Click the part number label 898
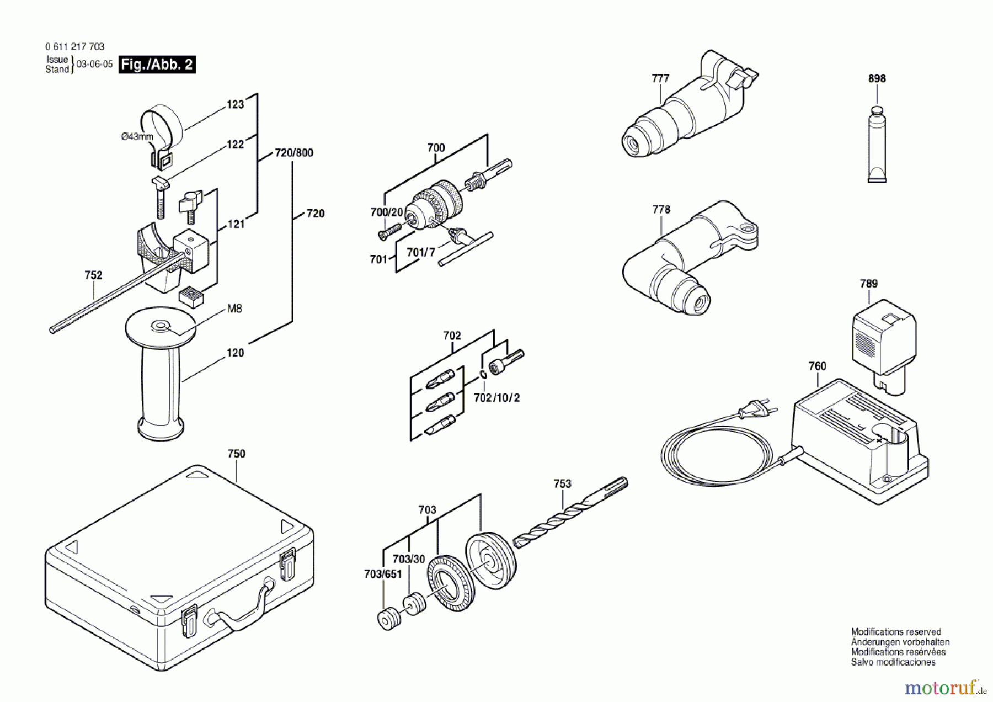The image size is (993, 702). pos(877,78)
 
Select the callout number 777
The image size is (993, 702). pos(660,78)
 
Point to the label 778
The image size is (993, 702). pos(661,210)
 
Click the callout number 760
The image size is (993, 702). pos(817,366)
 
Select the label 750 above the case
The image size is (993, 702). pos(236,454)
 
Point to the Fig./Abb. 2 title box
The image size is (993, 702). pos(157,65)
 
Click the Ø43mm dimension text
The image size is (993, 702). pos(137,136)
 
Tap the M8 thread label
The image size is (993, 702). pos(234,309)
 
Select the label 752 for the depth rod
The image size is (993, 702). pos(93,275)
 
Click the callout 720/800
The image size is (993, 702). pos(294,153)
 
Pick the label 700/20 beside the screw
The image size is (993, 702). pos(387,212)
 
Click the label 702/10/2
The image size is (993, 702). pos(496,398)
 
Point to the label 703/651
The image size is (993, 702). pos(383,575)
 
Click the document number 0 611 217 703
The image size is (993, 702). pos(74,47)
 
